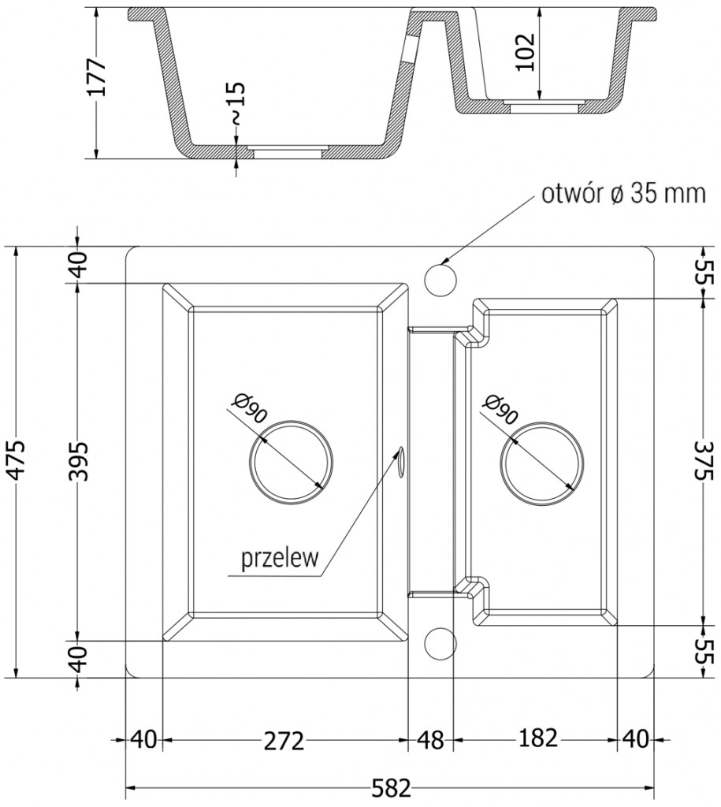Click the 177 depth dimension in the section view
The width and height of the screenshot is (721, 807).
point(95,76)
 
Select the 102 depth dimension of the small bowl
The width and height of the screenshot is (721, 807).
point(527,52)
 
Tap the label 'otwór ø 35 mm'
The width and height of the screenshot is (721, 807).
point(623,194)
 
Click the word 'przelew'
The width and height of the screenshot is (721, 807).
point(279,559)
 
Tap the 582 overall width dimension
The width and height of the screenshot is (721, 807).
point(390,787)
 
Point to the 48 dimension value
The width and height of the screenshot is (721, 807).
point(429,740)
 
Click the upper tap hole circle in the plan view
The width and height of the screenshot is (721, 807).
point(440,277)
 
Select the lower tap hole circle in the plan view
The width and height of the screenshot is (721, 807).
point(440,642)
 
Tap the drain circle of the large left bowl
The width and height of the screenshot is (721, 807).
point(290,463)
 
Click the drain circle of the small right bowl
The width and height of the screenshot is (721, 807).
point(542,463)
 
